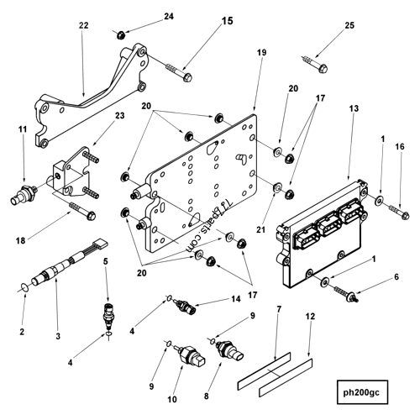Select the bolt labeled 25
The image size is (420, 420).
(316, 61)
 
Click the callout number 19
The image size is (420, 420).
(261, 52)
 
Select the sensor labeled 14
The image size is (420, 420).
(187, 305)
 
